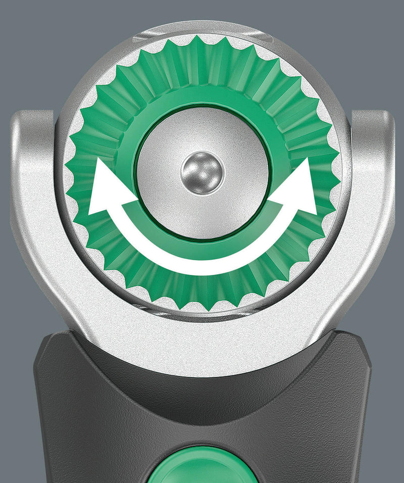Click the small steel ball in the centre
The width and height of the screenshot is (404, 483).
pyautogui.click(x=203, y=171)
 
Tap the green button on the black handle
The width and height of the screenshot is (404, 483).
pyautogui.click(x=201, y=465)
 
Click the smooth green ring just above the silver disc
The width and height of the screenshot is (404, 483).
pyautogui.click(x=202, y=99)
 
